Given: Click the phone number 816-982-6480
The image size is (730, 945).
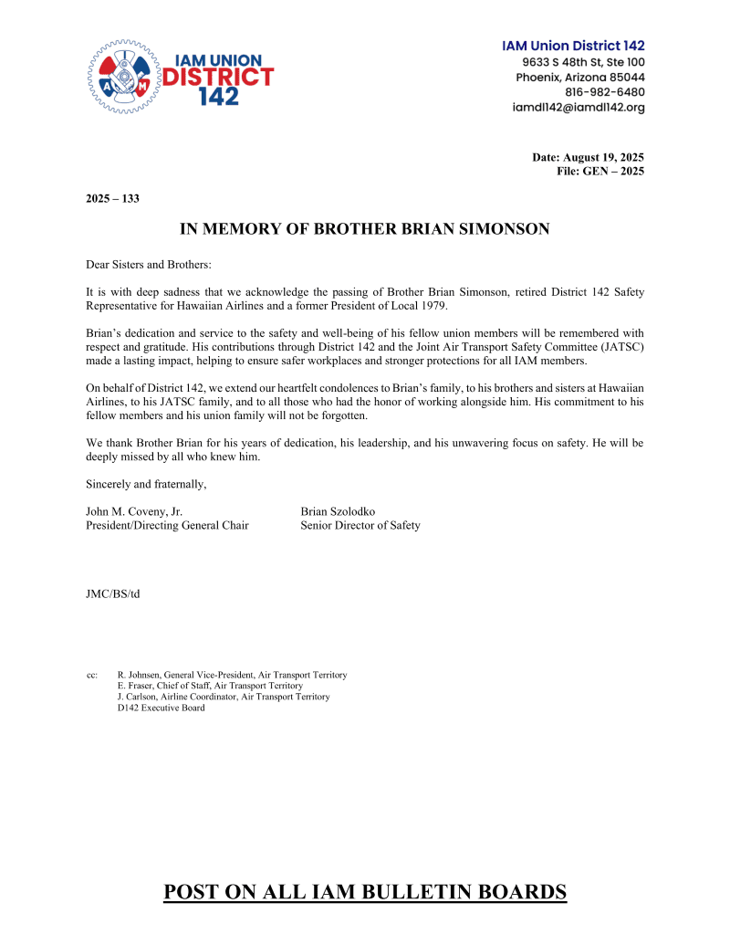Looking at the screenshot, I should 604,92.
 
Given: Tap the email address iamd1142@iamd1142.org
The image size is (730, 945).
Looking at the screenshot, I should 579,108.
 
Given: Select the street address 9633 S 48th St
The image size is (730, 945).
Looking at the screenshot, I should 562,62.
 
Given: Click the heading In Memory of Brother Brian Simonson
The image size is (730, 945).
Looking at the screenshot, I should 365,229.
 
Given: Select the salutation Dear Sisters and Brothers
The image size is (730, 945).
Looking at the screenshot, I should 149,265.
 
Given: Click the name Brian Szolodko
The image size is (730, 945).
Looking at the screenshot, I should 338,511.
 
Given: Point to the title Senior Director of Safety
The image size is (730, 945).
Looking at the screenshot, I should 360,525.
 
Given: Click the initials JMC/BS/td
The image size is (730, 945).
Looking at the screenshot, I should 112,594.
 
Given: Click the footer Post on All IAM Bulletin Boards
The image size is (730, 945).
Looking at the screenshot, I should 365,892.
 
